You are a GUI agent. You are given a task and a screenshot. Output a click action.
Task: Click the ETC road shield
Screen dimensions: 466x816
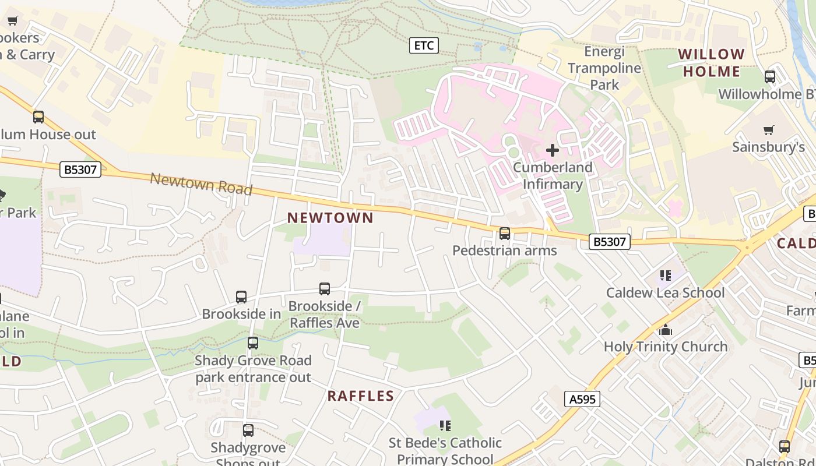coord(424,45)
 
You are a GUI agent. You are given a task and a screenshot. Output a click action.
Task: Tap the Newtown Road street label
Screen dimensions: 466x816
coord(201,183)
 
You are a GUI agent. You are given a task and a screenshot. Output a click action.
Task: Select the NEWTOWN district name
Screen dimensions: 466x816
coord(330,218)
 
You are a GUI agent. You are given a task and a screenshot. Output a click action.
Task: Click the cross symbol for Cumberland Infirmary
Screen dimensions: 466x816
coord(552,150)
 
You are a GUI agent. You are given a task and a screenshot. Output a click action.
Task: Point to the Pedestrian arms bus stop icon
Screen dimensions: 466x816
coord(505,234)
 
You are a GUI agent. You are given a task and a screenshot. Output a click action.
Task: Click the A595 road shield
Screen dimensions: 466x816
coord(582,399)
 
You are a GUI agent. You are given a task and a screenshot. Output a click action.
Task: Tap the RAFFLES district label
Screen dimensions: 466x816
coord(361,396)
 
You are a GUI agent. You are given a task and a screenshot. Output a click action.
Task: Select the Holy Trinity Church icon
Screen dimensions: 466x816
coord(666,330)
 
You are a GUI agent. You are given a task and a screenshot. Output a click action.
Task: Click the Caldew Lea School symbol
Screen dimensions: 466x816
coord(666,275)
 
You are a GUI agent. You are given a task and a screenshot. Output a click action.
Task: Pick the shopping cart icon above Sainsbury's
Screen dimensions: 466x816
coord(769,130)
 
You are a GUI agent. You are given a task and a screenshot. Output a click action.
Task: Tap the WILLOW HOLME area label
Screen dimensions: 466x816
coord(712,63)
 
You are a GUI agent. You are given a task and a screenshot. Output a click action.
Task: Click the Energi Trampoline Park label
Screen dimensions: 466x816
coord(604,68)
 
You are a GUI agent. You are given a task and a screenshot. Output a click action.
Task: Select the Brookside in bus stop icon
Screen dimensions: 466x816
coord(241,297)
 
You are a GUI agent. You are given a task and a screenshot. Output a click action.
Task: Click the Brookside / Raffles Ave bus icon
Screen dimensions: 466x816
coord(325,289)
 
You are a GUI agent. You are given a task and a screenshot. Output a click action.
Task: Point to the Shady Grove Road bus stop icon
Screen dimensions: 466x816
coord(253,343)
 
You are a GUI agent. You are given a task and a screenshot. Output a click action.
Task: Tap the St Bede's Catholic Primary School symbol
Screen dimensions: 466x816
coord(445,426)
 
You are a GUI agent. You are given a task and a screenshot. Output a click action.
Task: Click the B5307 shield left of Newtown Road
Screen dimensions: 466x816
coord(81,170)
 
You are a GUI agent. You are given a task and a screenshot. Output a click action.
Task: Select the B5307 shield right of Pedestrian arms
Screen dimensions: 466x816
coord(610,241)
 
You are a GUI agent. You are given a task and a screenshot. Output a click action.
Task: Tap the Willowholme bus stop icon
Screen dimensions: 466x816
coord(770,77)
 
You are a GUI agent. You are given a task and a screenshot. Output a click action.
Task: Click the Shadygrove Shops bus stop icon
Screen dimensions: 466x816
coord(248,430)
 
